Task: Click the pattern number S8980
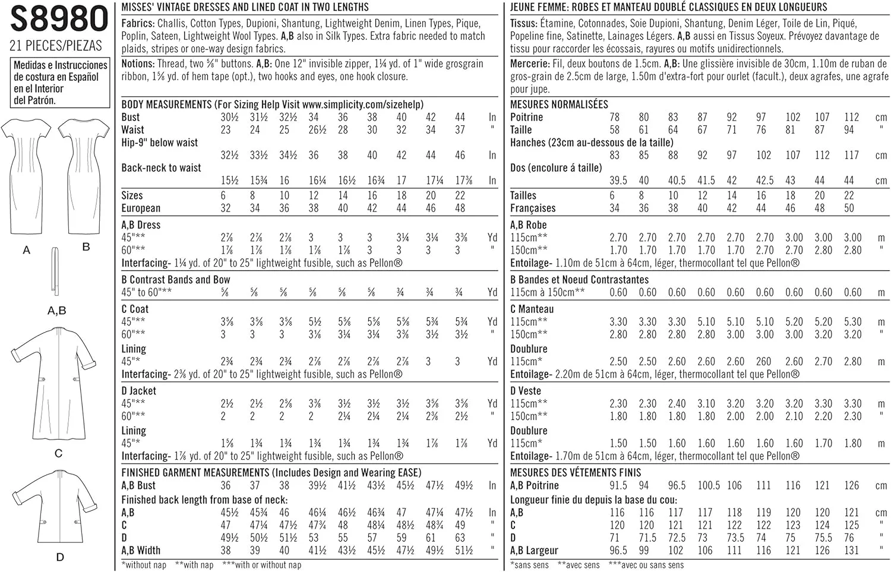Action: coord(58,19)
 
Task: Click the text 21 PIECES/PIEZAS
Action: coord(56,45)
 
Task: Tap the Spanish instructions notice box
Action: coord(60,83)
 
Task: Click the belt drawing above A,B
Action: coord(55,271)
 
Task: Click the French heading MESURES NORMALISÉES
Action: coord(559,105)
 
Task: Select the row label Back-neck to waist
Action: coord(161,168)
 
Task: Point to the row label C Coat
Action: coord(135,309)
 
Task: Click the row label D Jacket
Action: coord(138,391)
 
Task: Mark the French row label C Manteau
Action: coord(532,309)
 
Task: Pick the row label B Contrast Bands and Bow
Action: coord(175,280)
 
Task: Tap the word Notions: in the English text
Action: coord(138,64)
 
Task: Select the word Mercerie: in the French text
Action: coord(529,64)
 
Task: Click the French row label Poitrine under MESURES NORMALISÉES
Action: coord(526,117)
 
